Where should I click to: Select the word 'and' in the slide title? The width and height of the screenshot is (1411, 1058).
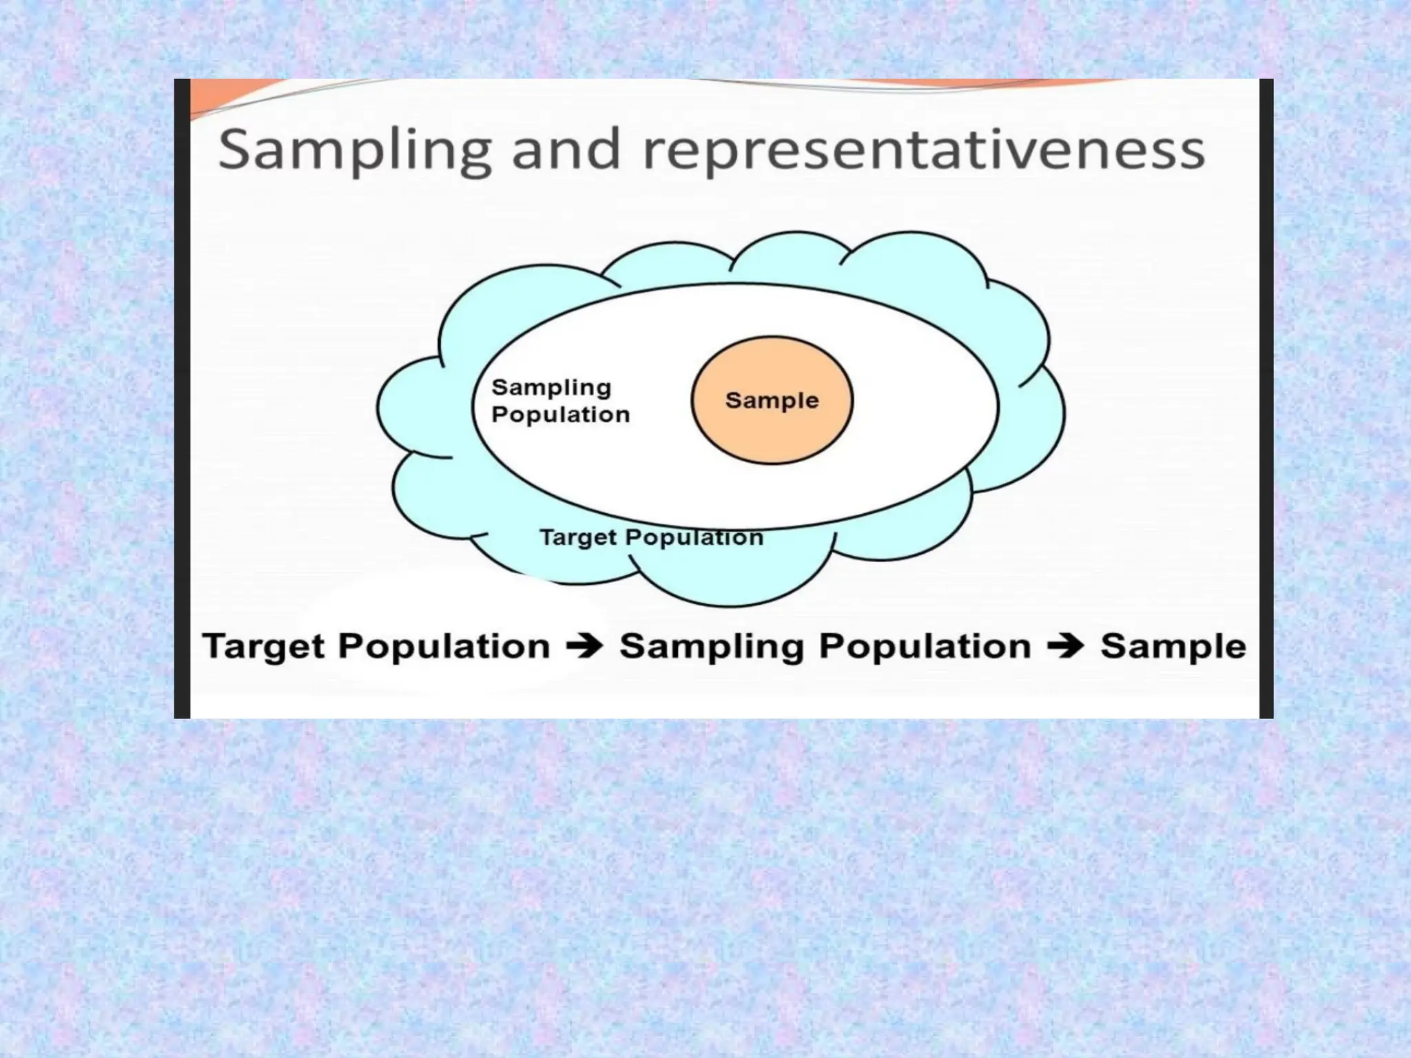tap(566, 150)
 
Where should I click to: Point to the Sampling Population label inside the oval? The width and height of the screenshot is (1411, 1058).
tap(559, 401)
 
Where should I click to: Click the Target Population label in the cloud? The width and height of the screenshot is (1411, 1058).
tap(650, 537)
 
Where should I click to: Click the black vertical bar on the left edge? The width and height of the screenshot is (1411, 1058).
tap(182, 400)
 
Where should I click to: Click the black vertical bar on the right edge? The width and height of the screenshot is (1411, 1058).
tap(1266, 400)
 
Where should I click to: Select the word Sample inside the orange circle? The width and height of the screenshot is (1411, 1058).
tap(772, 400)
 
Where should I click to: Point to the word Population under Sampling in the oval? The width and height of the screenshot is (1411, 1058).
tap(561, 415)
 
